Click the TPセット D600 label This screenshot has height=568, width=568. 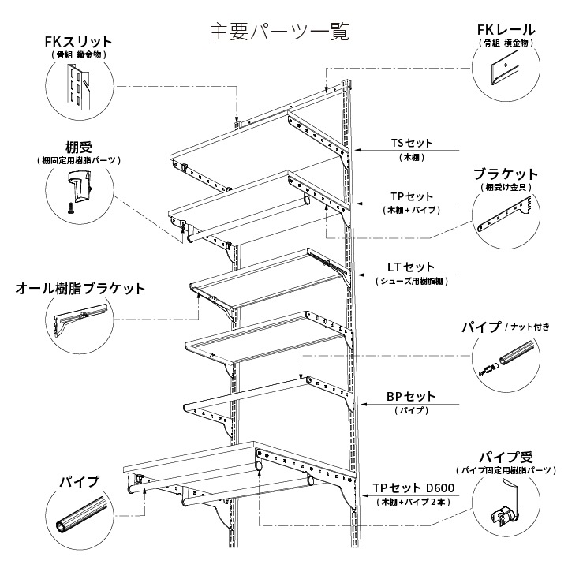413,488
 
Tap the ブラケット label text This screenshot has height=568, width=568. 506,174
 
